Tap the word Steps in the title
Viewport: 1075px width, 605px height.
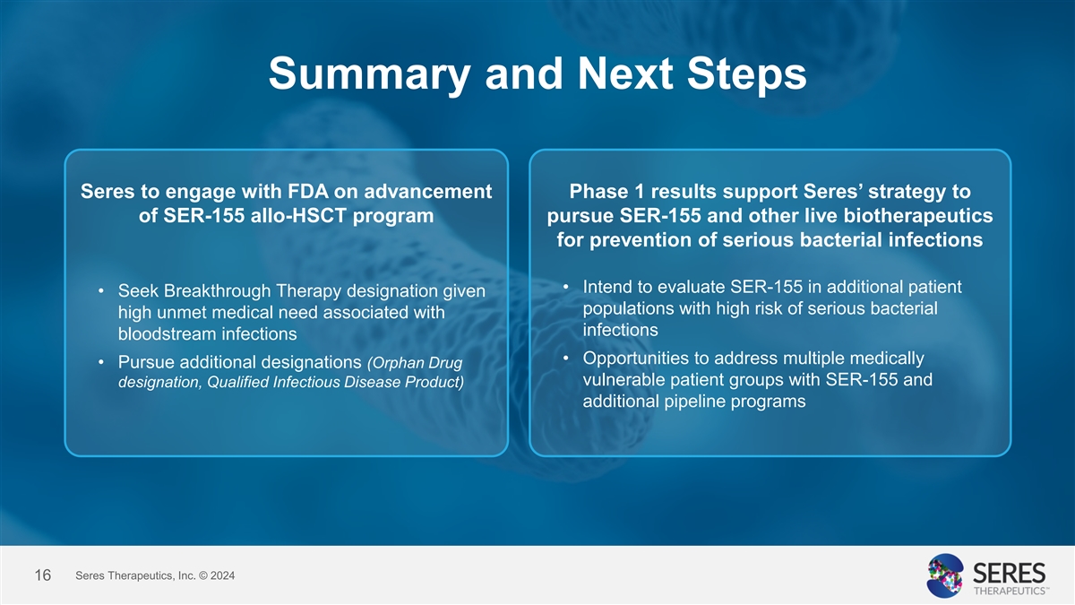point(747,74)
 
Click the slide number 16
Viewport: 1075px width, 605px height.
point(43,575)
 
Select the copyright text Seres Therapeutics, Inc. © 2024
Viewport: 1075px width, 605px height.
point(155,575)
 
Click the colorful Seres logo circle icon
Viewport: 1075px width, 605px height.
point(945,575)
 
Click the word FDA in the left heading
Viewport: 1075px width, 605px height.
point(308,192)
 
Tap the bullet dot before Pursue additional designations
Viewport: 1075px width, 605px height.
point(100,362)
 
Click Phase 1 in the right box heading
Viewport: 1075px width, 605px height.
point(606,192)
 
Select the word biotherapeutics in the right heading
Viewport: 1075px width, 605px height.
point(918,216)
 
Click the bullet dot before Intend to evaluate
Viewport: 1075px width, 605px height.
point(565,287)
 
